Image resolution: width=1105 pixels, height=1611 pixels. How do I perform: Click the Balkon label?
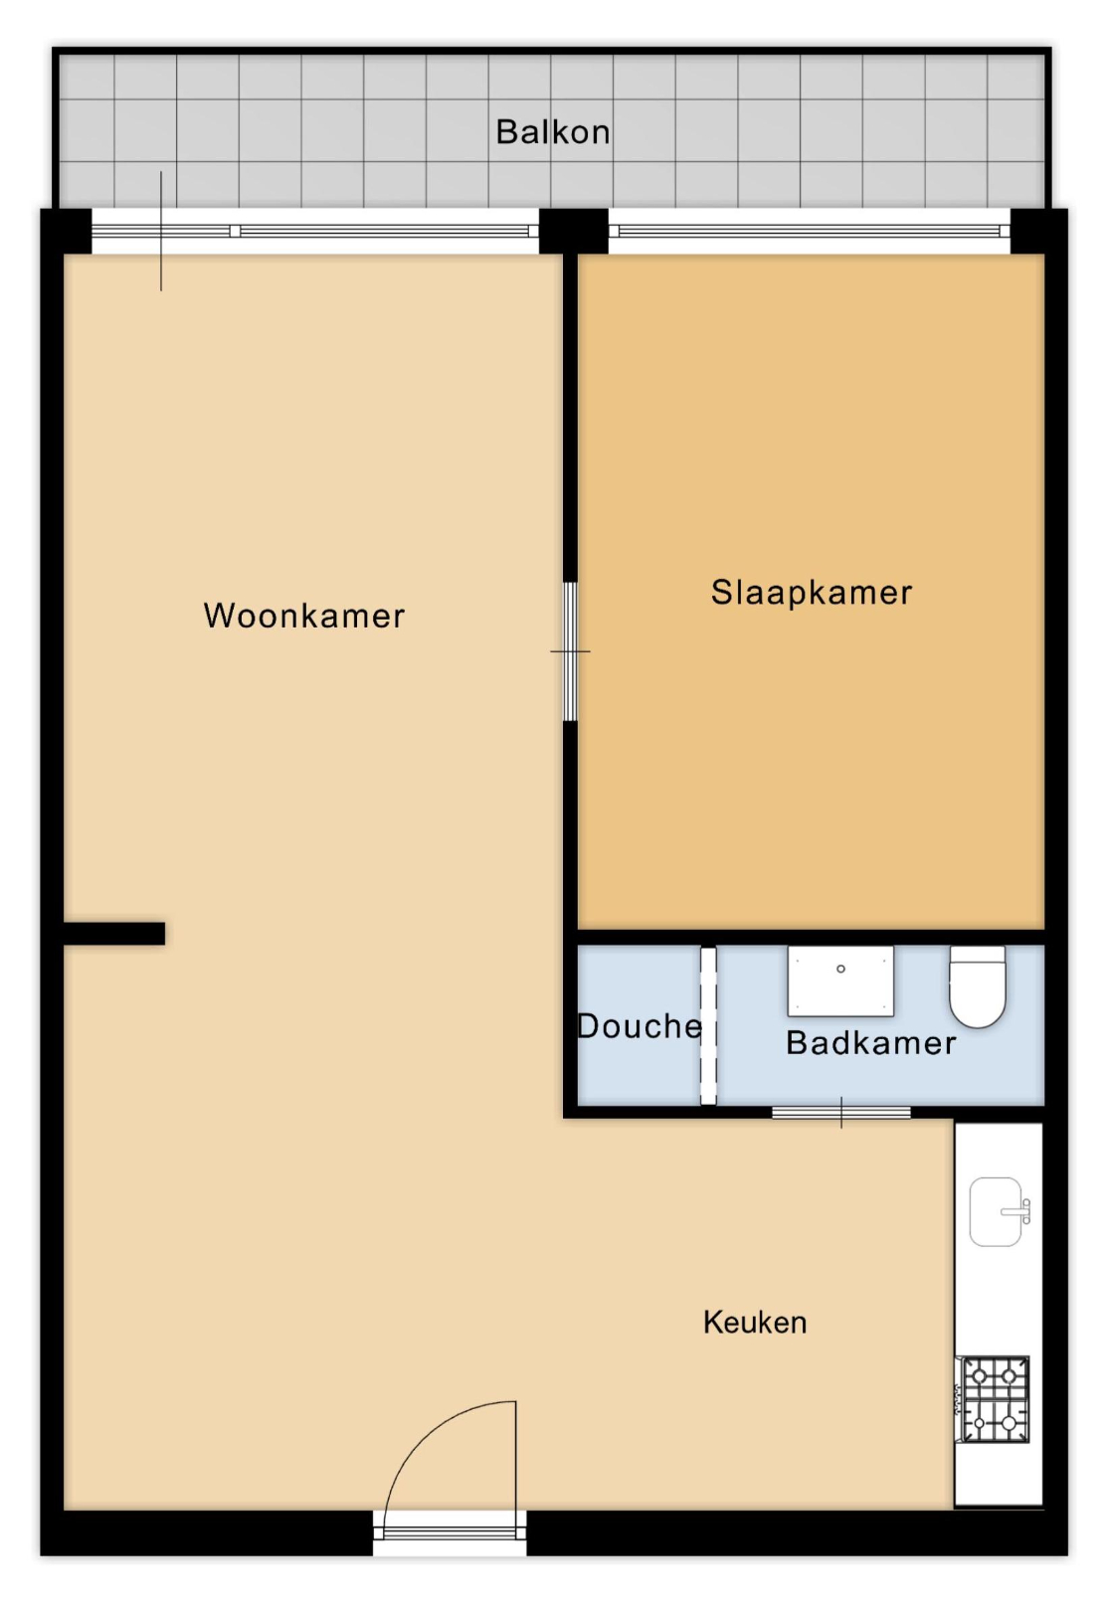pyautogui.click(x=553, y=132)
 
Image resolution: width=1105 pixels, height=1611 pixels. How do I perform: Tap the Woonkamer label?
pyautogui.click(x=304, y=616)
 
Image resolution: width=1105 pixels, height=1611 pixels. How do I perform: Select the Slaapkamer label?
pyautogui.click(x=812, y=593)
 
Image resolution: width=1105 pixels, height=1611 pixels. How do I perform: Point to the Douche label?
pyautogui.click(x=639, y=1026)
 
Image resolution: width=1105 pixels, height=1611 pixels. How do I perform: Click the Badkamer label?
pyautogui.click(x=871, y=1043)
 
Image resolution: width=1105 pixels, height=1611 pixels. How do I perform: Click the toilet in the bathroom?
pyautogui.click(x=977, y=986)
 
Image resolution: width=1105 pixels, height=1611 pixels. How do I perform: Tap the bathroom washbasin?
pyautogui.click(x=840, y=981)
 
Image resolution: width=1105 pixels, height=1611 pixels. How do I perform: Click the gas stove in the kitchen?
pyautogui.click(x=993, y=1399)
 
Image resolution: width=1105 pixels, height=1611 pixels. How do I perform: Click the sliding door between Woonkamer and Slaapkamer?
pyautogui.click(x=570, y=651)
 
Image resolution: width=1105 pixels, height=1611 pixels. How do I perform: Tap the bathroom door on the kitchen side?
pyautogui.click(x=841, y=1113)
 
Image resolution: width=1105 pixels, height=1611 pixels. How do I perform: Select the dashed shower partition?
pyautogui.click(x=708, y=1025)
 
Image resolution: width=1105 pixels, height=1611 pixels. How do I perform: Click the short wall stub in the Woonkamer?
pyautogui.click(x=114, y=933)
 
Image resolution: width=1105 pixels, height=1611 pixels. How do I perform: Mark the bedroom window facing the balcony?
pyautogui.click(x=810, y=231)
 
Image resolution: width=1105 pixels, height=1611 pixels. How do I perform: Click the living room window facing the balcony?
pyautogui.click(x=315, y=231)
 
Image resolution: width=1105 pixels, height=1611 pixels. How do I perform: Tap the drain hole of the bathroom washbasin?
pyautogui.click(x=840, y=969)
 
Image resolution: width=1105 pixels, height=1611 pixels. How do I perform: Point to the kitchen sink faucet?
pyautogui.click(x=1017, y=1212)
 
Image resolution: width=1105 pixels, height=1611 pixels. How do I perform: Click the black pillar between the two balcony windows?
pyautogui.click(x=573, y=231)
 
